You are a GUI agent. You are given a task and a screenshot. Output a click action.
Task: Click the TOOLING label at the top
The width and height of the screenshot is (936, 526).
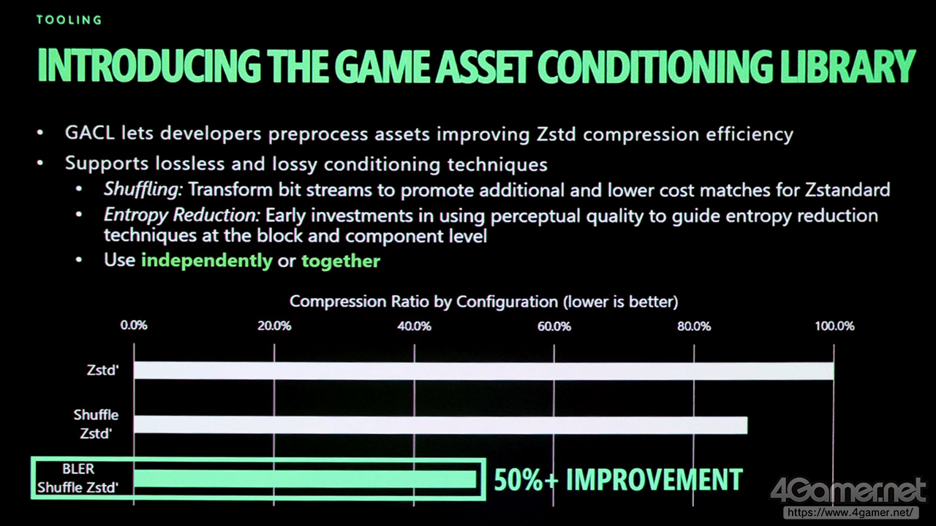[69, 20]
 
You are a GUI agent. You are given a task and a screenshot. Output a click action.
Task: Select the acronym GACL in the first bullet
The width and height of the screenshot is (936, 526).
[89, 133]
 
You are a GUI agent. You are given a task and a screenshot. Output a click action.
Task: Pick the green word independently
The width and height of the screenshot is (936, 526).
[207, 261]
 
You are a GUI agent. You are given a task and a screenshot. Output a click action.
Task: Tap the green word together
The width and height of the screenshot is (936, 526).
[341, 261]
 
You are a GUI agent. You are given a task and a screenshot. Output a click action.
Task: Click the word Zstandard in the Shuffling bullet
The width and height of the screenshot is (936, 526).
[848, 190]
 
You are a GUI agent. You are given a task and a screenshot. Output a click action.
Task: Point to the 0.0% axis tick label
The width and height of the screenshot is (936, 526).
[134, 326]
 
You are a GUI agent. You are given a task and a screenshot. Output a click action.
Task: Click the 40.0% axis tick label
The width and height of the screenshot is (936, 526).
[414, 326]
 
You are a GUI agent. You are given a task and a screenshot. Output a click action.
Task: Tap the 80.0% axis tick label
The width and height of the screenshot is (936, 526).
[694, 326]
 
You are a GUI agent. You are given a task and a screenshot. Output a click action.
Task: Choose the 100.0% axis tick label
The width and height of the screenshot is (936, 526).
[834, 326]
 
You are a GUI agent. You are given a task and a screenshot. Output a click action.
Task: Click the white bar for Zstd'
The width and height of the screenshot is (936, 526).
[484, 371]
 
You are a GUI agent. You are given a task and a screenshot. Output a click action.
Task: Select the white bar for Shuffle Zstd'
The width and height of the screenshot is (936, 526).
[441, 425]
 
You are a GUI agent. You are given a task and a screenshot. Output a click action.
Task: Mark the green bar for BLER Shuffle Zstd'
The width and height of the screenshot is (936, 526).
[305, 479]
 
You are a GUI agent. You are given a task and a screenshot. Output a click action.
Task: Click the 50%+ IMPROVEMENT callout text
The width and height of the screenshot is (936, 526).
[619, 479]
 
